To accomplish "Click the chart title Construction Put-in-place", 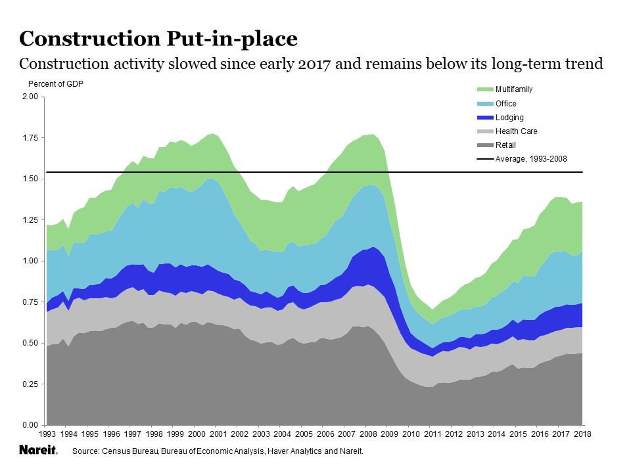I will [158, 38].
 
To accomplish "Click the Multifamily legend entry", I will [505, 89].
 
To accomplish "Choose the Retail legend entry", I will [496, 145].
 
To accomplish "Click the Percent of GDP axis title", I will [56, 83].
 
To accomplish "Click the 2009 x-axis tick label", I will [389, 434].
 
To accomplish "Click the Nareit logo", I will [38, 451].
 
